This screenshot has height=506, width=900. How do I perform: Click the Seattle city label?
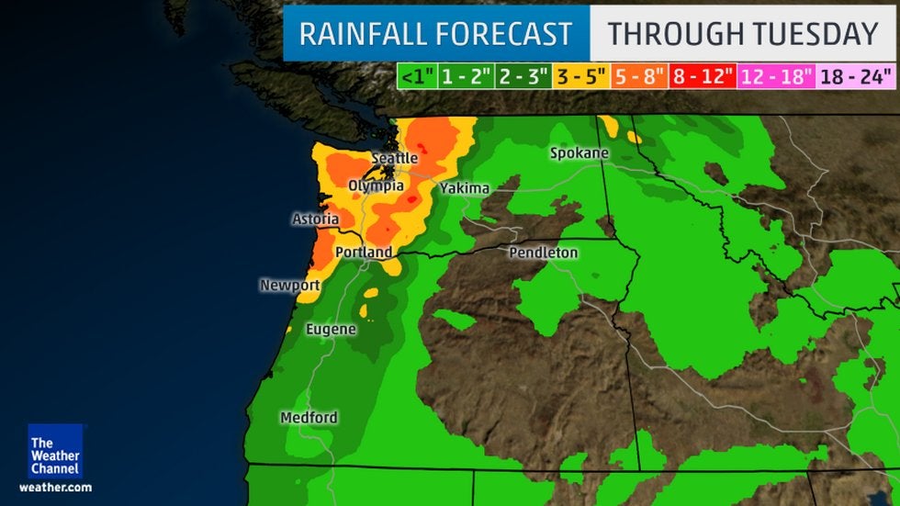(394, 159)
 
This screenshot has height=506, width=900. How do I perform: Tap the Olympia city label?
(376, 186)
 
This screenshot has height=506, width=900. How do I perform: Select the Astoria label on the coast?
(315, 219)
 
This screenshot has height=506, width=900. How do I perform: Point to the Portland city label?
(364, 252)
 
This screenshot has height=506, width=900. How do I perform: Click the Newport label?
(289, 286)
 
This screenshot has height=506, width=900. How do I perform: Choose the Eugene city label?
(331, 328)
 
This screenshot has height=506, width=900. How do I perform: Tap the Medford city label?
(309, 417)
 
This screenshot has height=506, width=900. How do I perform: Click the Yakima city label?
(465, 188)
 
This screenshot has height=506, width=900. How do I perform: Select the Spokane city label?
(579, 153)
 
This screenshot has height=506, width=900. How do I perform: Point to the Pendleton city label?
(544, 252)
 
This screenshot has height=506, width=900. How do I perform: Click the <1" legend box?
(416, 76)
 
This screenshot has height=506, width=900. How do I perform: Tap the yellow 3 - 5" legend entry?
(580, 76)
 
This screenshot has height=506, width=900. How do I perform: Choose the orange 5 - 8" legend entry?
(639, 76)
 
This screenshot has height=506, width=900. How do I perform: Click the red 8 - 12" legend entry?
(703, 76)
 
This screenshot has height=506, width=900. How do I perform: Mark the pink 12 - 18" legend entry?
(776, 76)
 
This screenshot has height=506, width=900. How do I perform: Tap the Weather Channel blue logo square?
(55, 450)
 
